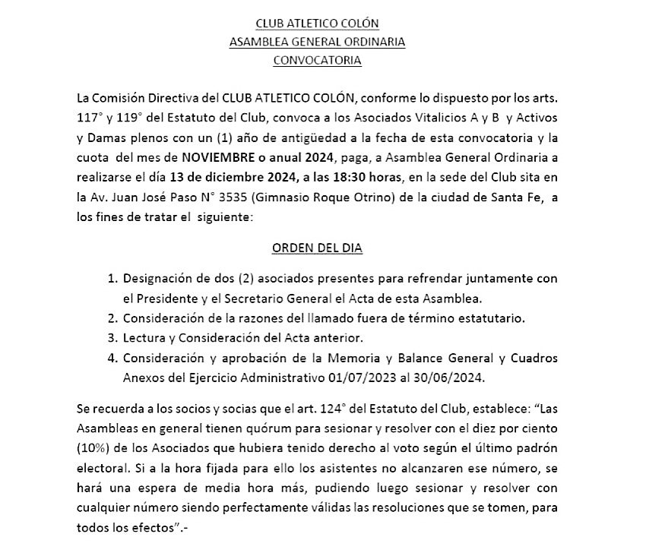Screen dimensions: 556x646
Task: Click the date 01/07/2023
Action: [356, 375]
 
